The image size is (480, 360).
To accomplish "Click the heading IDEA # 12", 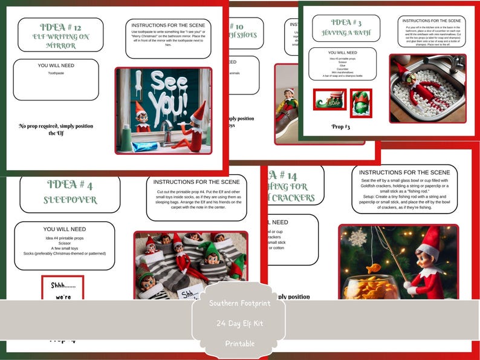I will [x=60, y=27].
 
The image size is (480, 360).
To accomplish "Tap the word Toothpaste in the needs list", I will [x=56, y=73].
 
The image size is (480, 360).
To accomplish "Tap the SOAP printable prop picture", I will [x=329, y=100].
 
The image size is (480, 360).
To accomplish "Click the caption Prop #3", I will [x=341, y=126].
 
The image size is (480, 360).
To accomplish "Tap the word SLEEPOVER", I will [x=70, y=200].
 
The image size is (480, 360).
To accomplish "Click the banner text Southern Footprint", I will [x=240, y=303].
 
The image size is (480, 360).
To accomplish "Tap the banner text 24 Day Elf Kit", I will [x=240, y=323].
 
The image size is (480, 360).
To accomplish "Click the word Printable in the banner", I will [x=240, y=343].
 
